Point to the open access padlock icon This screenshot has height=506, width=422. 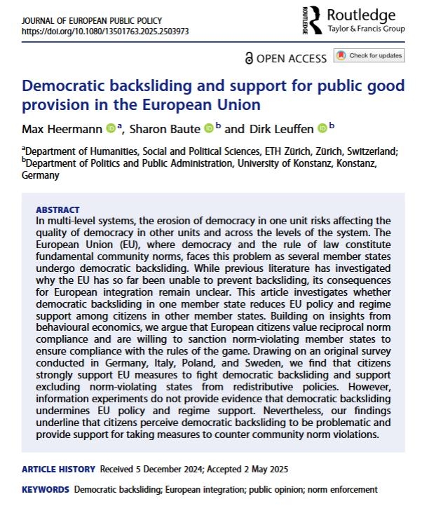point(249,58)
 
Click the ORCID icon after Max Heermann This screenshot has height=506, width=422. point(111,128)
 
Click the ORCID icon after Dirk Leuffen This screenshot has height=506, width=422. point(322,128)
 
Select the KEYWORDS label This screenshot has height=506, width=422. point(46,488)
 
